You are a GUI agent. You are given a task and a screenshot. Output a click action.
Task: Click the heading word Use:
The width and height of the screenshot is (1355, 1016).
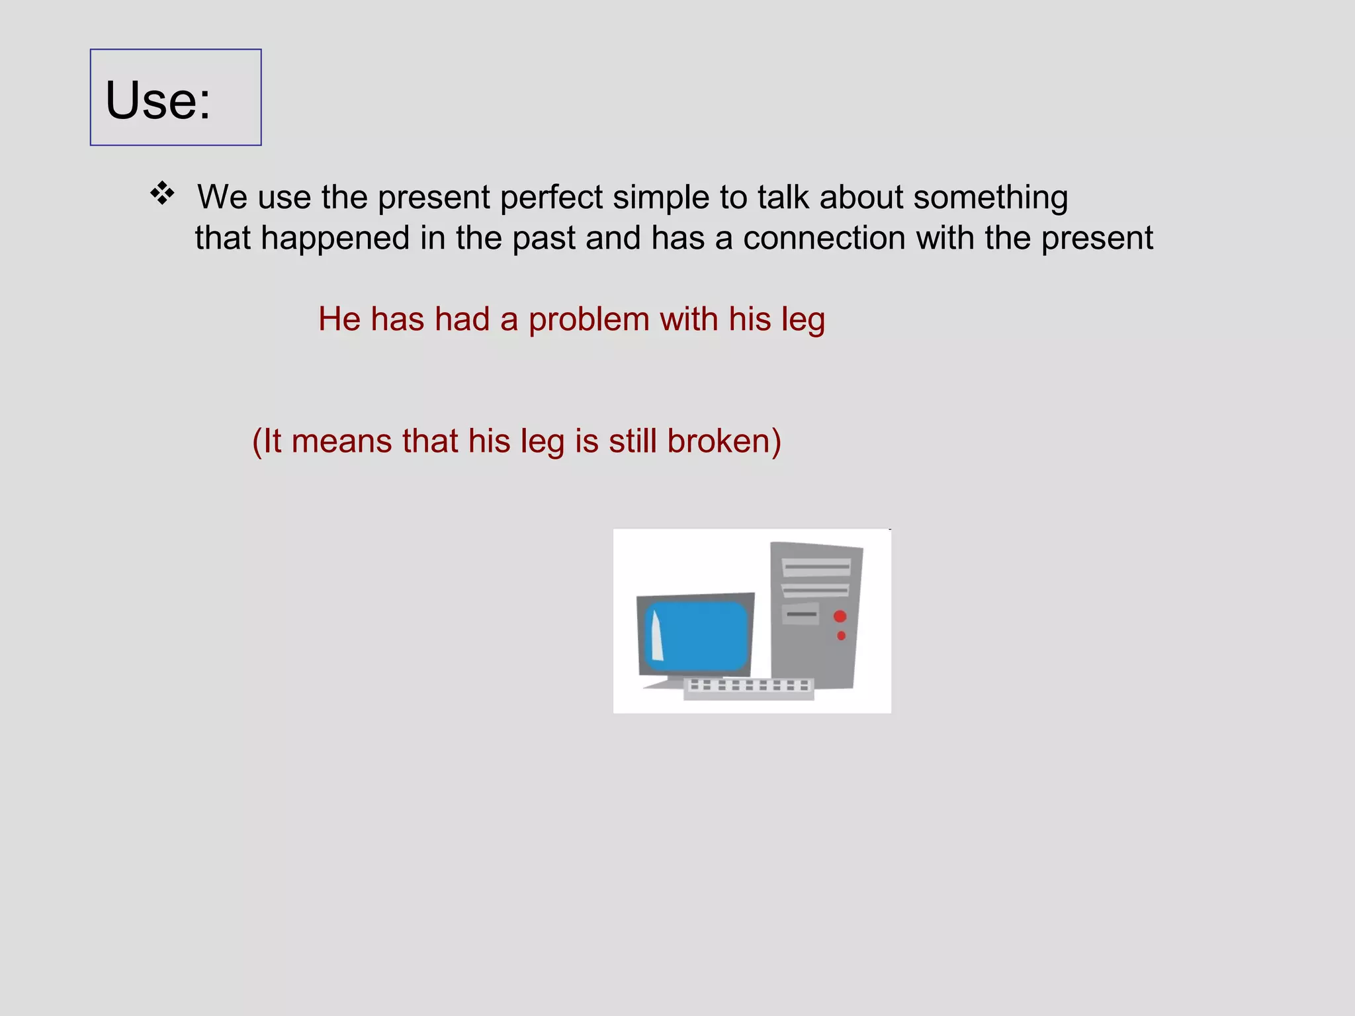[x=157, y=101]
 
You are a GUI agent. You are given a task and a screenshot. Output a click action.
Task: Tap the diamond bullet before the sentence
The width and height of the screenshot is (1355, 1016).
[x=162, y=194]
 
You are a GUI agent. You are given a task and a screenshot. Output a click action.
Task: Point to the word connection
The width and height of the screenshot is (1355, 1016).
[x=824, y=237]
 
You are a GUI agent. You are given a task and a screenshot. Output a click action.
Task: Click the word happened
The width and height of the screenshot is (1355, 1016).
[x=335, y=237]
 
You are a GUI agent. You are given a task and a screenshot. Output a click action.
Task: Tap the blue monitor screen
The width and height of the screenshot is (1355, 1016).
[x=701, y=635]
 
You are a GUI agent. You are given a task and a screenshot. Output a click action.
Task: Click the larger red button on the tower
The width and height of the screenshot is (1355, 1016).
[x=840, y=616]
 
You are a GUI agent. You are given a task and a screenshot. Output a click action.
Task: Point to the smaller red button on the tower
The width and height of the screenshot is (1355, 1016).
[x=841, y=636]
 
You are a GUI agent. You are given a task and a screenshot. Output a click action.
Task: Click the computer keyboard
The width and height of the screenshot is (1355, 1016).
[x=748, y=687]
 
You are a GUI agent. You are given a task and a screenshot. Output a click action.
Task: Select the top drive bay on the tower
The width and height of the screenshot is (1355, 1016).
[x=816, y=567]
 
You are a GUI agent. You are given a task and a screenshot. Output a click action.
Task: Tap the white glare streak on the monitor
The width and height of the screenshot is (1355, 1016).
[x=656, y=636]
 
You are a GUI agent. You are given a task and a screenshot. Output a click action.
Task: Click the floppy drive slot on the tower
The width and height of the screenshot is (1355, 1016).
[x=801, y=614]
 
